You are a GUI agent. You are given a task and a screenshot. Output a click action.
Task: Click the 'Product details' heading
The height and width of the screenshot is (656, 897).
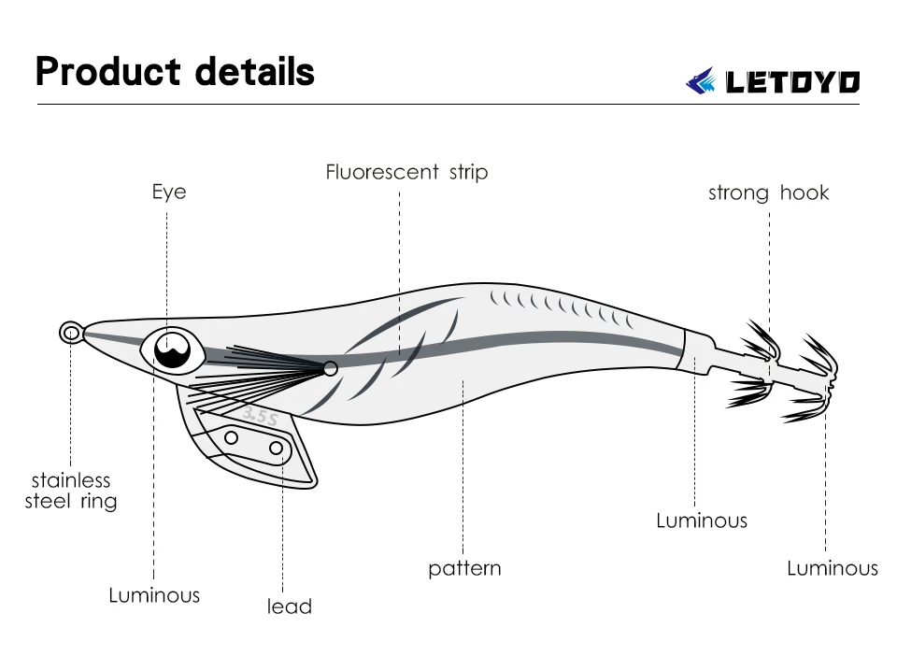[x=175, y=72]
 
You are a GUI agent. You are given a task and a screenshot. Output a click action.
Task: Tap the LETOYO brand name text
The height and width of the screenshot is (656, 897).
[x=792, y=82]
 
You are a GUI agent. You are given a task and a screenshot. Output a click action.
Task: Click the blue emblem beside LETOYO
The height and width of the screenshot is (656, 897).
[x=702, y=81]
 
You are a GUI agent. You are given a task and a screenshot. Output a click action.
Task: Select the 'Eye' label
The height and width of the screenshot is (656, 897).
[x=169, y=193]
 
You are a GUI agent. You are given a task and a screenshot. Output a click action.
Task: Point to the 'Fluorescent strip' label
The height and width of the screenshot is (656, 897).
[x=406, y=172]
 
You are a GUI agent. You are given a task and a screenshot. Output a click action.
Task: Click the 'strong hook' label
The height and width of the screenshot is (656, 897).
[x=768, y=193]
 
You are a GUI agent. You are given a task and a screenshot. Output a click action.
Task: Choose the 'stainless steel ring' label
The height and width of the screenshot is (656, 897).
[x=71, y=491]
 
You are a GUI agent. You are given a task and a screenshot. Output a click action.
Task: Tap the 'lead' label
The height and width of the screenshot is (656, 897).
[x=289, y=606]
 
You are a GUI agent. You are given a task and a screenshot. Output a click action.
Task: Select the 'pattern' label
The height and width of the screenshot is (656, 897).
[x=464, y=568]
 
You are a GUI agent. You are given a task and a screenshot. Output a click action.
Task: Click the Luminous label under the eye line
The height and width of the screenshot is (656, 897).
[x=154, y=595]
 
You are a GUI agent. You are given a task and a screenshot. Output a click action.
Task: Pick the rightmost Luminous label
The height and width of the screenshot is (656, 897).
[x=833, y=568]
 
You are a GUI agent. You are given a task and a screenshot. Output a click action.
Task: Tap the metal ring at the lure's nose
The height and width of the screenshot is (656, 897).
[x=70, y=333]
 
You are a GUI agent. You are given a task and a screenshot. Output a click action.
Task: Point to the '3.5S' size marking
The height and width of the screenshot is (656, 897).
[x=260, y=416]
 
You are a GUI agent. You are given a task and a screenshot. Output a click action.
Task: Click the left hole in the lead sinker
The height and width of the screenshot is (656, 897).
[x=232, y=437]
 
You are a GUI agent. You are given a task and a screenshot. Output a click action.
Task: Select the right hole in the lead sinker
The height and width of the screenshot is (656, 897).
[x=276, y=449]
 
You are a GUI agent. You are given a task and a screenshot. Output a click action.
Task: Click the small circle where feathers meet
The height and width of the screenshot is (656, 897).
[x=330, y=369]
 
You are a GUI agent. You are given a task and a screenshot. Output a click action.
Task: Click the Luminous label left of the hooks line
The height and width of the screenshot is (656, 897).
[x=702, y=521]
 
